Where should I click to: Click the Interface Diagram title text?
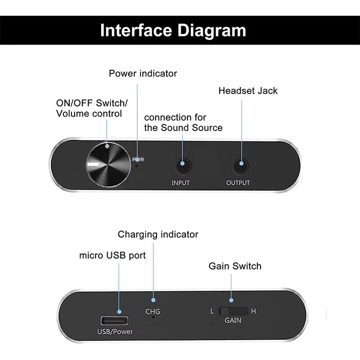tap(173, 31)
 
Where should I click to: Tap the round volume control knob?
tap(107, 165)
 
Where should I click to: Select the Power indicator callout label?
tap(143, 73)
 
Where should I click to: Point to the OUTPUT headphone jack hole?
tap(241, 166)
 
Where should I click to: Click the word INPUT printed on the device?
tap(180, 183)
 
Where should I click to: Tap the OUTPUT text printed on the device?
tap(238, 183)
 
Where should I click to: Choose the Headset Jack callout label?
tap(248, 91)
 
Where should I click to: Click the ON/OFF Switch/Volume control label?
tap(91, 108)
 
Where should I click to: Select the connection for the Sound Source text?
tap(183, 122)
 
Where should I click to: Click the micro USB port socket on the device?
tap(115, 321)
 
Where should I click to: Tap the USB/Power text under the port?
tap(115, 333)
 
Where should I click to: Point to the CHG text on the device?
tap(153, 311)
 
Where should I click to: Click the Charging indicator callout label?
tap(158, 234)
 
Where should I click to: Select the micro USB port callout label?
tap(112, 256)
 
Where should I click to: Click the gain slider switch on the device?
tap(234, 311)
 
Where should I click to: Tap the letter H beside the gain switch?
tap(253, 311)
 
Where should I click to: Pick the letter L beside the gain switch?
tap(212, 311)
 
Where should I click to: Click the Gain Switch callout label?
tap(235, 266)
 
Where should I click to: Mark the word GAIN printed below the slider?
tap(233, 321)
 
